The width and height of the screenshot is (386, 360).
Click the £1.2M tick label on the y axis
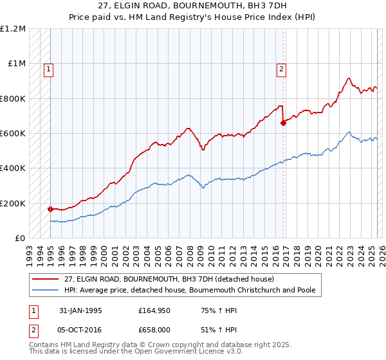pyautogui.click(x=13, y=29)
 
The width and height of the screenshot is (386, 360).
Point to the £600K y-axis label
pyautogui.click(x=13, y=134)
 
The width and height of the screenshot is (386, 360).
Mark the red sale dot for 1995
pyautogui.click(x=50, y=209)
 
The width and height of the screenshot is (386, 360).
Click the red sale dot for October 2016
pyautogui.click(x=283, y=123)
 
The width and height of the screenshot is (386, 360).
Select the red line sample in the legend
pyautogui.click(x=46, y=279)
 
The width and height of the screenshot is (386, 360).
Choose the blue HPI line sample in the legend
pyautogui.click(x=46, y=290)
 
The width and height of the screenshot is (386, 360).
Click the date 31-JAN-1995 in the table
pyautogui.click(x=77, y=310)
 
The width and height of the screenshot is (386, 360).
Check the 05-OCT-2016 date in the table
pyautogui.click(x=77, y=328)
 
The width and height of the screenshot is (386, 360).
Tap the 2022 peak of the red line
pyautogui.click(x=348, y=78)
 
